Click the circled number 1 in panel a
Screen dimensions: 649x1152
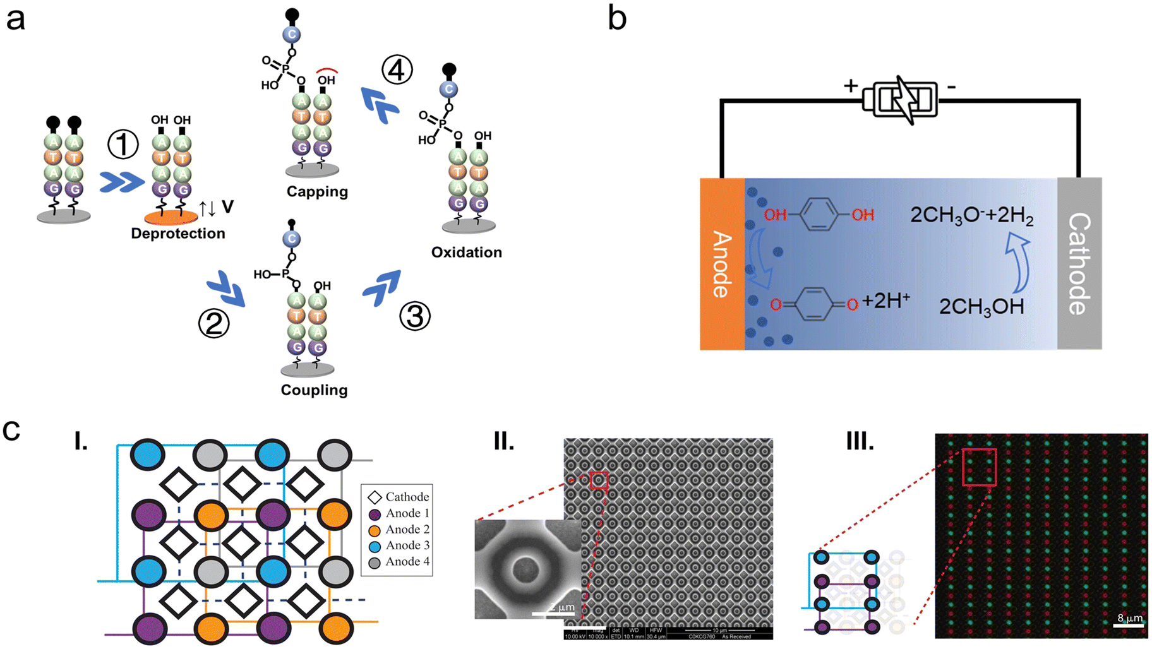click(123, 145)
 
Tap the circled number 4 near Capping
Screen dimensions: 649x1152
click(397, 70)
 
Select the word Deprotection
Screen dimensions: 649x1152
click(178, 234)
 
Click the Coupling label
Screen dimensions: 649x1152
click(314, 390)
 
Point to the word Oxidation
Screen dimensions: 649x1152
click(466, 253)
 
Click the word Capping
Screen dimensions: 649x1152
click(317, 192)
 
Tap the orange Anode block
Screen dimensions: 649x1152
click(722, 264)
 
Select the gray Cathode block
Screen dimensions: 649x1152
click(1079, 264)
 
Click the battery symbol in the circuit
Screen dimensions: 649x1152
click(901, 100)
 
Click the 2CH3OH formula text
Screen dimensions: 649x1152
click(981, 307)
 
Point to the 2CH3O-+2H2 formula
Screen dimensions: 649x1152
click(971, 216)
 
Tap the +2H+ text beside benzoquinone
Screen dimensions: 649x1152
click(885, 301)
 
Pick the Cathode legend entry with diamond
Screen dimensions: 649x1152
click(399, 497)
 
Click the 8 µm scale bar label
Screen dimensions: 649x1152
click(1130, 618)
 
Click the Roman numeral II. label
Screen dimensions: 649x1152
click(503, 441)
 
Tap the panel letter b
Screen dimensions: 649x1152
click(617, 19)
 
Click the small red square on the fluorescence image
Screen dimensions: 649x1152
click(979, 467)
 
